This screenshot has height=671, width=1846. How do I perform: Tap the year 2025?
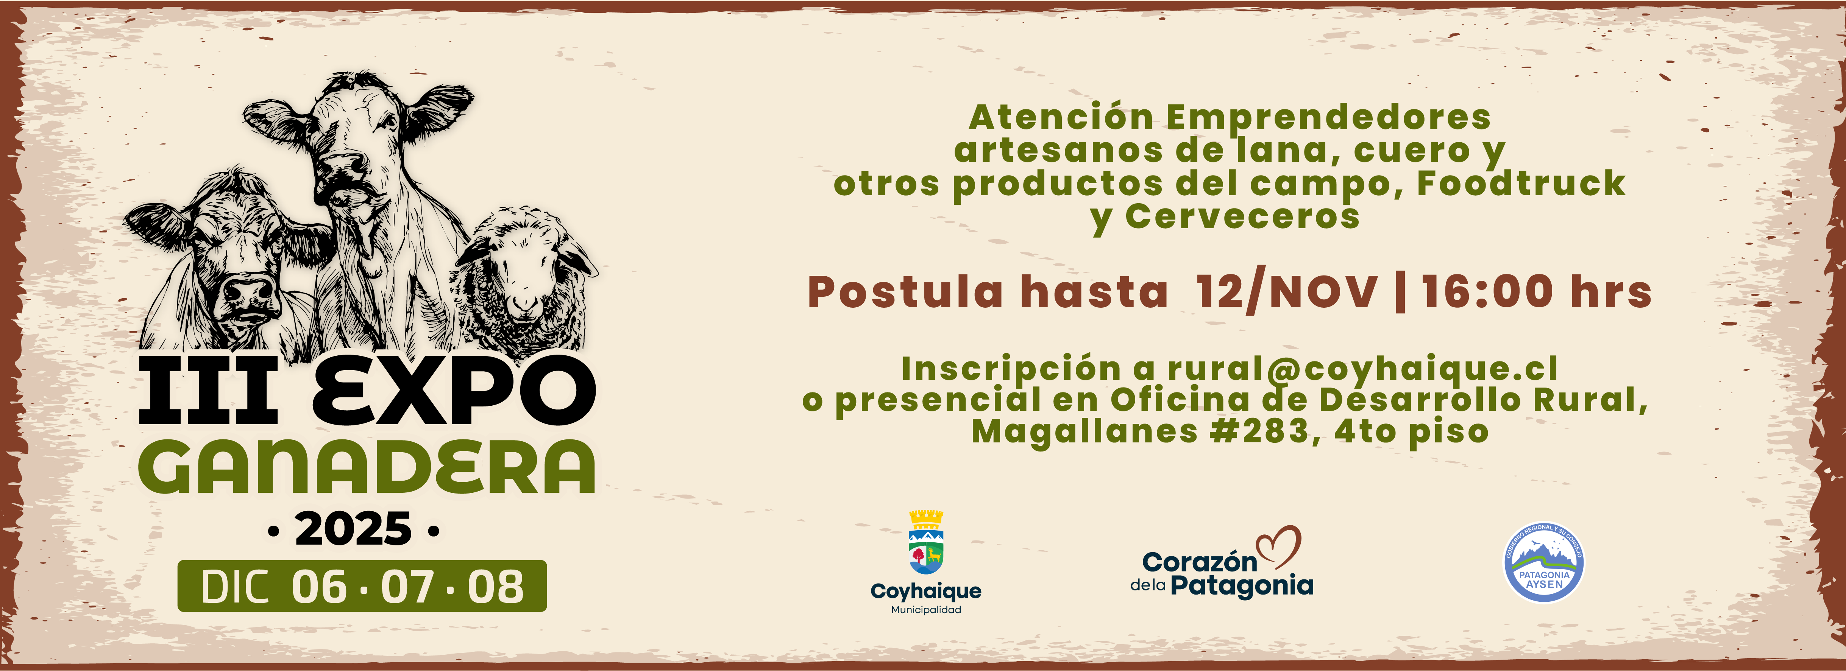(353, 530)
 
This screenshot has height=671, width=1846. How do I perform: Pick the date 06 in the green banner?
(319, 587)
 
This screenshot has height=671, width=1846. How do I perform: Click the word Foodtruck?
(1521, 183)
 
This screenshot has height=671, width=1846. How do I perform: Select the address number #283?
(1266, 431)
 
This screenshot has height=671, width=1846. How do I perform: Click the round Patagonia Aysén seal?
(1543, 562)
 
